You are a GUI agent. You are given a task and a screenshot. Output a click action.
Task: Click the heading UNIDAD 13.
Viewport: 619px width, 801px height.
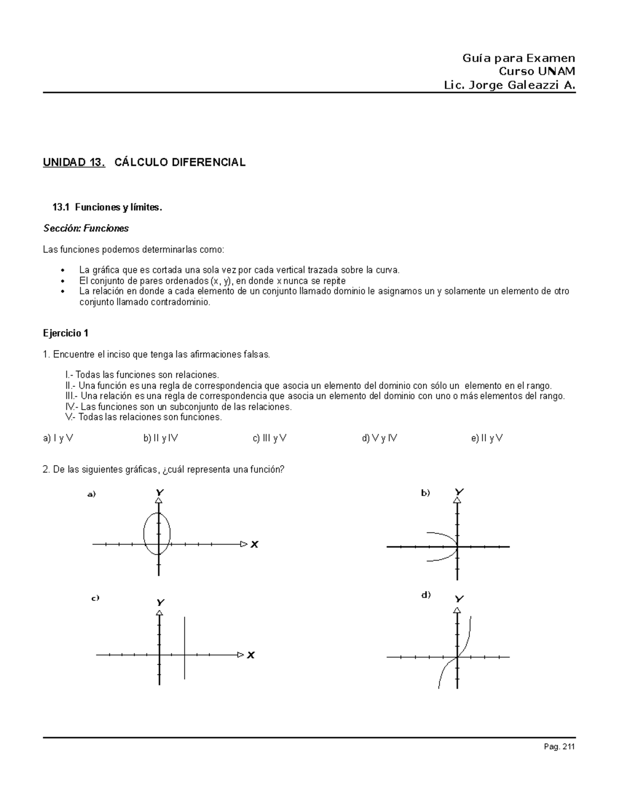tap(74, 162)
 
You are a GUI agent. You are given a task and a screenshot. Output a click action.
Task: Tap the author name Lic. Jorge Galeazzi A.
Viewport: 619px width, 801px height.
tap(509, 86)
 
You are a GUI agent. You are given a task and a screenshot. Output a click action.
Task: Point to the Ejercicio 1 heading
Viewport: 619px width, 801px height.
tap(66, 334)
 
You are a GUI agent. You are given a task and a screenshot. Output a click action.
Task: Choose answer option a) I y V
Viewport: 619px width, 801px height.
tap(58, 438)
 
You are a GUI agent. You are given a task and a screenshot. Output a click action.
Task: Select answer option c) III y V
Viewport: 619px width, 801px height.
tap(270, 438)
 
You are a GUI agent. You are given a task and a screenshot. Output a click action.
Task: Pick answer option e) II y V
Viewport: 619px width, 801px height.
tap(487, 438)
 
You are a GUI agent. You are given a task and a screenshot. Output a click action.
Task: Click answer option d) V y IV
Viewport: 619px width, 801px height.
tap(380, 438)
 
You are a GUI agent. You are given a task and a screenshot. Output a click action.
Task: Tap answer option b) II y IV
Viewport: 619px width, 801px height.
tap(161, 438)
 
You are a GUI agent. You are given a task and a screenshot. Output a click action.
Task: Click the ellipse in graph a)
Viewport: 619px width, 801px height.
tap(145, 534)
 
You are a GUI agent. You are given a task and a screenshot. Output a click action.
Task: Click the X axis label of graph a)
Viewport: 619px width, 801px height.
tap(254, 544)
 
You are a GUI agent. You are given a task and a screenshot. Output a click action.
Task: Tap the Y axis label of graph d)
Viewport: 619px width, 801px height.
tap(459, 599)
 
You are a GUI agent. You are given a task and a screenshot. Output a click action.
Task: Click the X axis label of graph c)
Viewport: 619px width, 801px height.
tap(251, 655)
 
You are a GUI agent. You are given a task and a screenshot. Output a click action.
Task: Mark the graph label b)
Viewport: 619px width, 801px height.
tap(426, 493)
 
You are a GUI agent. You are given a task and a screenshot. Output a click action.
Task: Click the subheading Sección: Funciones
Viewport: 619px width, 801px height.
tap(86, 228)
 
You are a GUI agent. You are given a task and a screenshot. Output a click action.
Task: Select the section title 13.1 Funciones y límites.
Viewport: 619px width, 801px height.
tap(107, 207)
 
